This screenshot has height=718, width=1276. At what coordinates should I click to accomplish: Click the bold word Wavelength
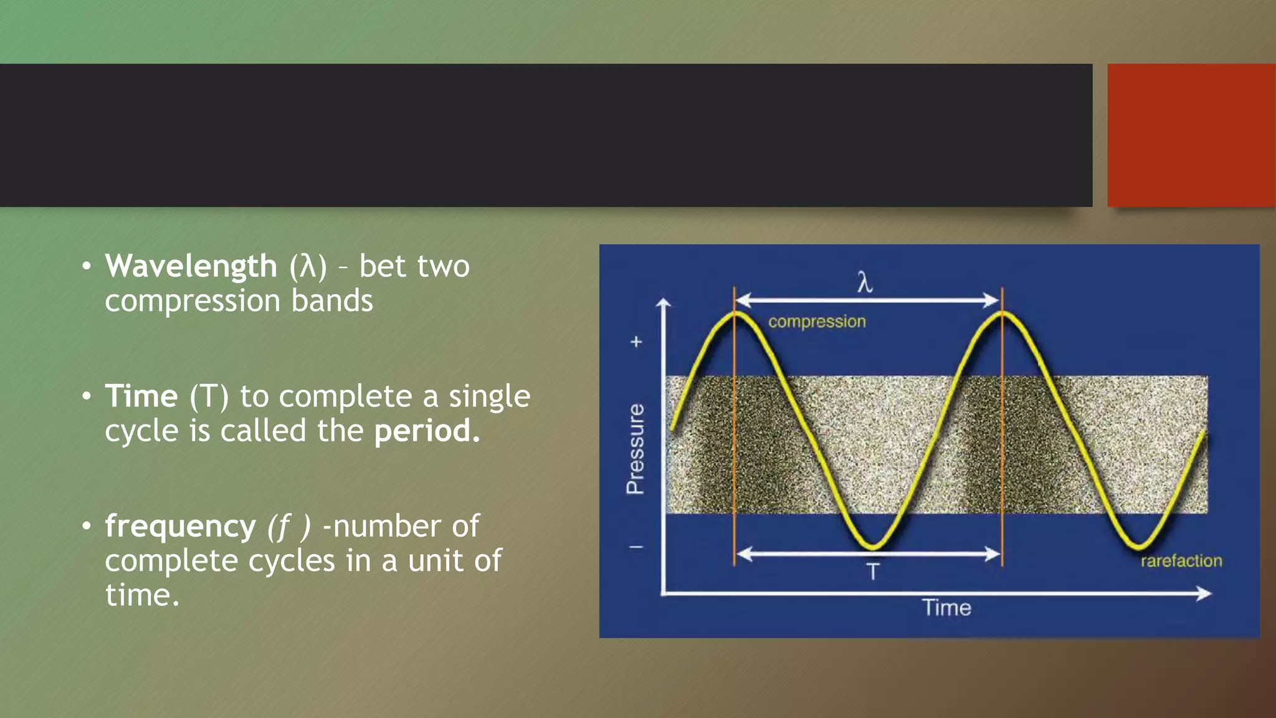191,267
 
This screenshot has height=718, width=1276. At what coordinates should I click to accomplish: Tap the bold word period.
427,431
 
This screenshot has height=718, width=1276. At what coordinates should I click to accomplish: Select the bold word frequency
180,527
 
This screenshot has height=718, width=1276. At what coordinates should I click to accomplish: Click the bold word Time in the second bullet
141,396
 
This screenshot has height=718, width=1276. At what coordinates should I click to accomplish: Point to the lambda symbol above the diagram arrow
865,282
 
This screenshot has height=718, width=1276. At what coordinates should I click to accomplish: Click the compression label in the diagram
817,322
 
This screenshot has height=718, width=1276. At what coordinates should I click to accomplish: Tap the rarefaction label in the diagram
1181,561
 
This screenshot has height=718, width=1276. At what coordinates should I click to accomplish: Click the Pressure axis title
635,449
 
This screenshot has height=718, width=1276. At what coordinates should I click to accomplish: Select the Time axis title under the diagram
946,608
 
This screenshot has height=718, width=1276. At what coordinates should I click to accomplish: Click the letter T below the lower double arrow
873,572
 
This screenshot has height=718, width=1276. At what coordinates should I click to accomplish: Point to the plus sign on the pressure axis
636,342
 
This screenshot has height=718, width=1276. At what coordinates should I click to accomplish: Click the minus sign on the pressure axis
636,547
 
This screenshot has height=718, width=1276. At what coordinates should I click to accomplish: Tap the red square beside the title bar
1191,135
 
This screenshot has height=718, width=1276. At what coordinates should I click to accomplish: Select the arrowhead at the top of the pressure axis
664,303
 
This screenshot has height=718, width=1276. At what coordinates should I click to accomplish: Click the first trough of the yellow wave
872,546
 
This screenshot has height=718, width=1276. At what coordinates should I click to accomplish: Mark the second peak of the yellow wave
1002,314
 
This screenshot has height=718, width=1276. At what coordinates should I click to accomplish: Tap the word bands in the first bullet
332,301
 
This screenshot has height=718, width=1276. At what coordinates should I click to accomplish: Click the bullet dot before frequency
87,526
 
